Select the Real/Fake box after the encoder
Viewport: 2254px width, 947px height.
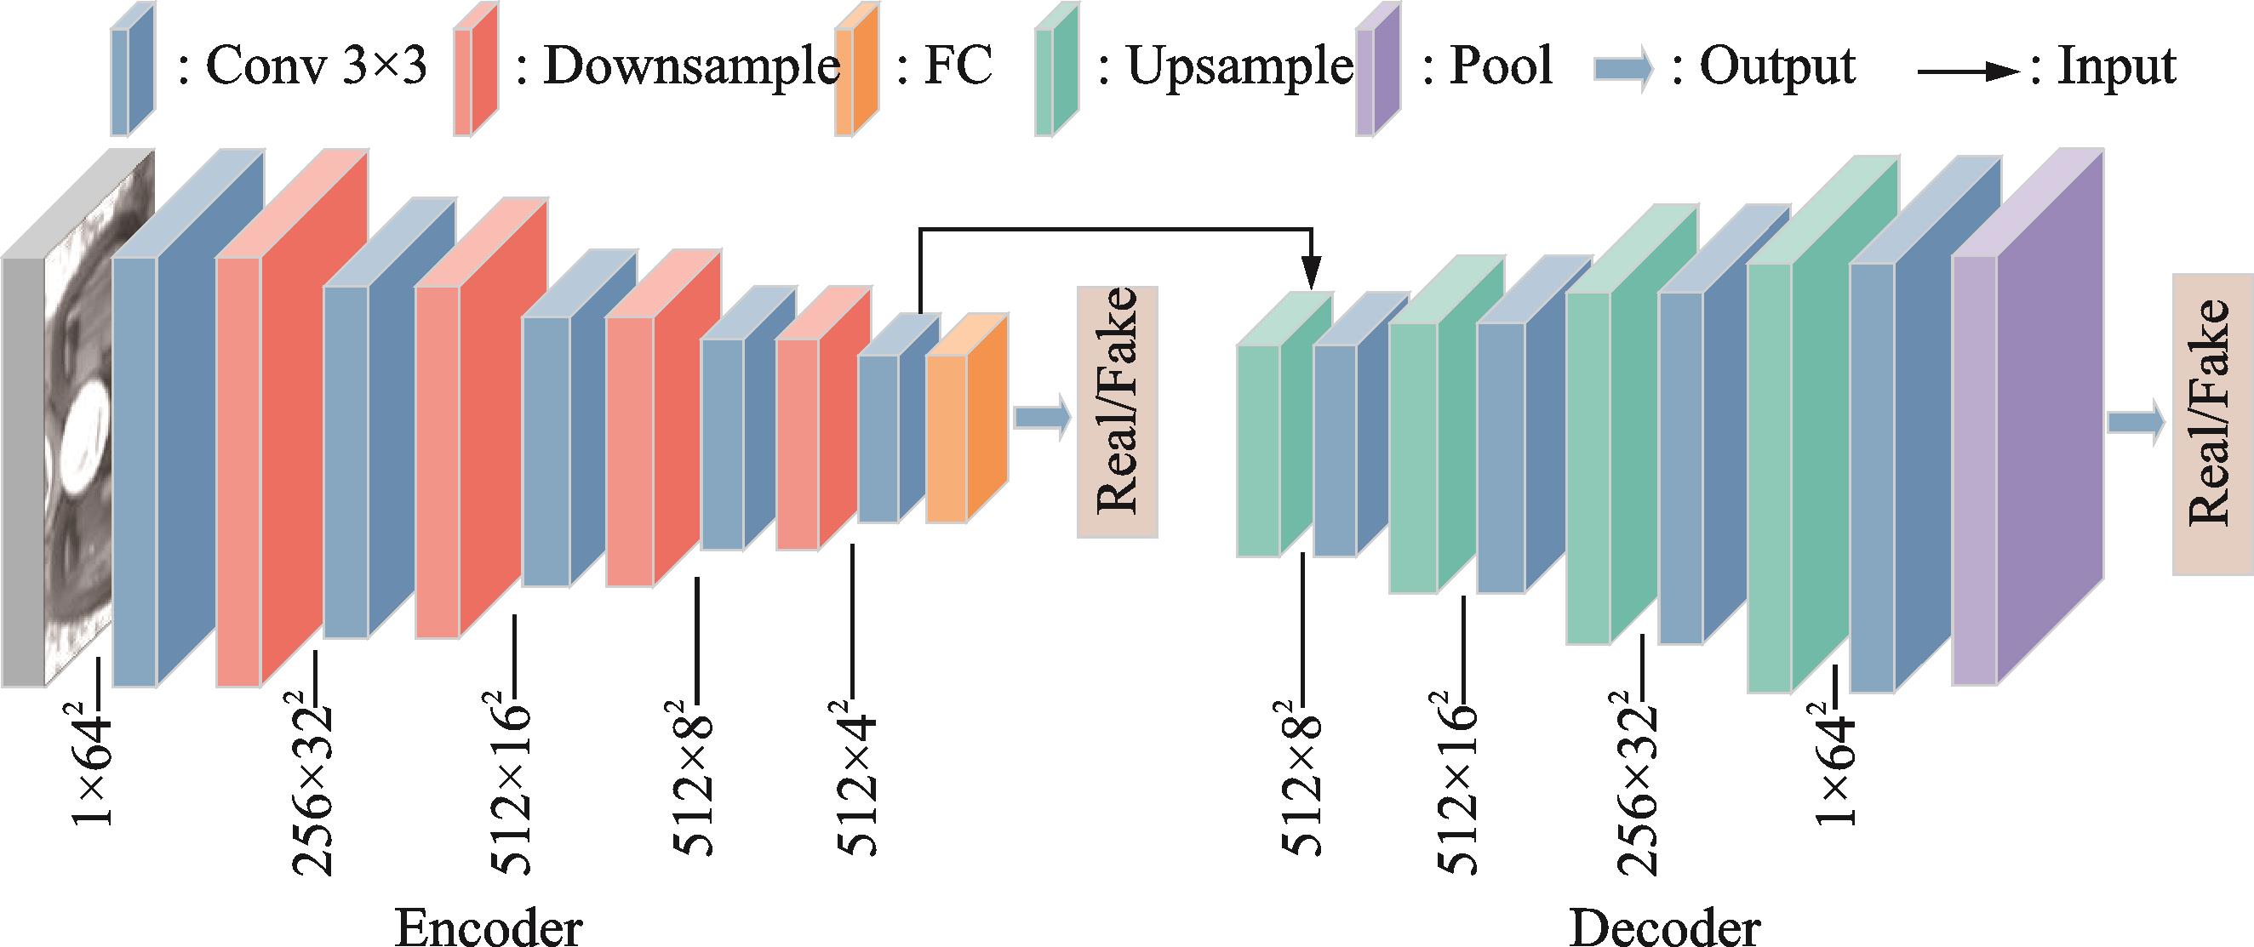1118,411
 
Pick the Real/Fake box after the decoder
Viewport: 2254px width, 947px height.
2212,424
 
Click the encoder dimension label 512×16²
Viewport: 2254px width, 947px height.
511,783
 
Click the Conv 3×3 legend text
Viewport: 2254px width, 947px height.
303,66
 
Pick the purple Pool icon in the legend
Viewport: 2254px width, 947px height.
1377,68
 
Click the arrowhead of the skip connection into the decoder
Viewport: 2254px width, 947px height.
1310,273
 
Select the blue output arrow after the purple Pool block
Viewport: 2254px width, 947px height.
2136,423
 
